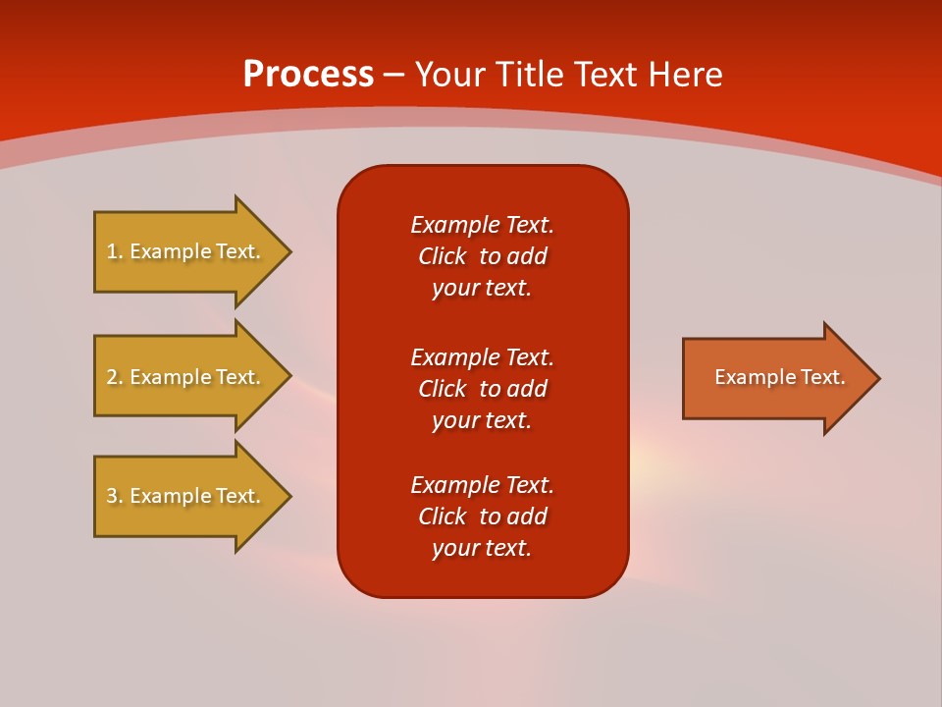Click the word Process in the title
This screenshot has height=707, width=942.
pyautogui.click(x=308, y=75)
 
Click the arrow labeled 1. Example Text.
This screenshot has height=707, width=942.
pyautogui.click(x=186, y=251)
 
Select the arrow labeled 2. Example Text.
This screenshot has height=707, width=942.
pyautogui.click(x=186, y=377)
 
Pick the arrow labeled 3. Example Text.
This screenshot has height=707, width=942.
pyautogui.click(x=186, y=496)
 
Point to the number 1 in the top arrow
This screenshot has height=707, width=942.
pyautogui.click(x=112, y=251)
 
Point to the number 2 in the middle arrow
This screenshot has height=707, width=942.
pyautogui.click(x=112, y=377)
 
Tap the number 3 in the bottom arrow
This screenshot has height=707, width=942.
pyautogui.click(x=112, y=496)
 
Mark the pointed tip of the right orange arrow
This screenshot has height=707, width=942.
pyautogui.click(x=876, y=378)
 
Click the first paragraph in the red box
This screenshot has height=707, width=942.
pyautogui.click(x=482, y=256)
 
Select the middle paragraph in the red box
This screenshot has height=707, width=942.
pyautogui.click(x=482, y=388)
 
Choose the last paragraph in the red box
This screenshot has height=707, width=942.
pyautogui.click(x=482, y=517)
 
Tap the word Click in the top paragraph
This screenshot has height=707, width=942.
pyautogui.click(x=442, y=256)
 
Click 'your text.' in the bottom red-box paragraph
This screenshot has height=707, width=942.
pyautogui.click(x=482, y=548)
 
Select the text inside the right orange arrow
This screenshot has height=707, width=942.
pyautogui.click(x=779, y=377)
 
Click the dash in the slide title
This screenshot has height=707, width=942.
pyautogui.click(x=393, y=76)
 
